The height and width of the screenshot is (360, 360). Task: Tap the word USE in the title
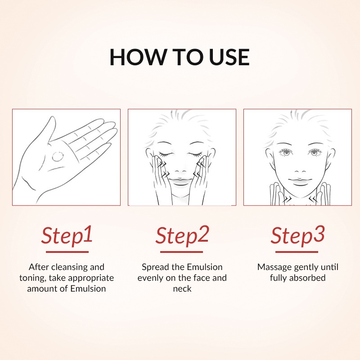point(229,57)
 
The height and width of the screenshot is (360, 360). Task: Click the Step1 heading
point(67,235)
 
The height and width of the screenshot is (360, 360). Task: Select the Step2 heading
point(182,235)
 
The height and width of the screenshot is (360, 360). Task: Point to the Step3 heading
point(297,235)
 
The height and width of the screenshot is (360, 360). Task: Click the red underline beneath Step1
point(67,252)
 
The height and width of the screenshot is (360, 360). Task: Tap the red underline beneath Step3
point(297,252)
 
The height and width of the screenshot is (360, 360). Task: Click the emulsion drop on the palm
point(58,156)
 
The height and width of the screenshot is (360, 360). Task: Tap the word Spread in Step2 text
point(155,267)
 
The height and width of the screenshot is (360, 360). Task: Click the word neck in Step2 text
point(182,288)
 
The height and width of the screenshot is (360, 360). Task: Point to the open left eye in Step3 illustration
point(286,152)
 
